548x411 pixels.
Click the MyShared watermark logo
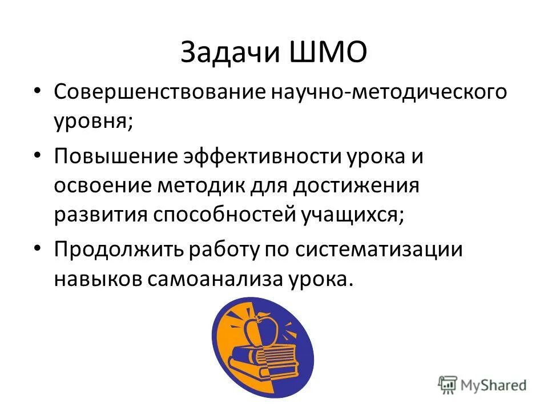coord(482,385)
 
